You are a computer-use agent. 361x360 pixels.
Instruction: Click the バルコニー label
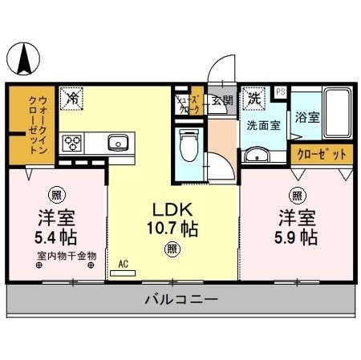181,301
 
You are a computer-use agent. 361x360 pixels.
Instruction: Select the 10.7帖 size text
172,228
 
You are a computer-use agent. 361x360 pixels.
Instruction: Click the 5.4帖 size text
56,237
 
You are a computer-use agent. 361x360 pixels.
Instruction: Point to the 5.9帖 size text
298,237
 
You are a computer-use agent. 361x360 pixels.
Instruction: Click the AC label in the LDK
123,262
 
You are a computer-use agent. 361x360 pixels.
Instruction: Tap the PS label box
280,92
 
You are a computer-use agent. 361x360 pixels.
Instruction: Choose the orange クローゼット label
321,153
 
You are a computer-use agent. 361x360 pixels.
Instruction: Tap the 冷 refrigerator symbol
72,99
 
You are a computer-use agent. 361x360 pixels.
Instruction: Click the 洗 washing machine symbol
254,99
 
